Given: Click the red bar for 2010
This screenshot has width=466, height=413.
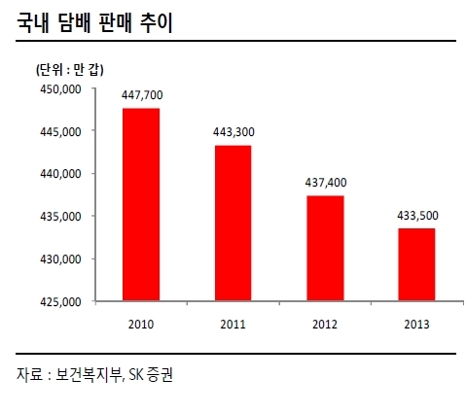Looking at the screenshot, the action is [141, 205].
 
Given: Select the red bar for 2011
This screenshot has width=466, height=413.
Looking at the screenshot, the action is [233, 224].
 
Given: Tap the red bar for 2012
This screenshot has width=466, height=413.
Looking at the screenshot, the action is [325, 249].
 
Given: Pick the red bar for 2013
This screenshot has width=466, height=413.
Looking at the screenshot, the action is [416, 264].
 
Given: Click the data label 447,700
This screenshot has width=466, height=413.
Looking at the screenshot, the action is [142, 95].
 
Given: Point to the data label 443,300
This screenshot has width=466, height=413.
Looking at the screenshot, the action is [233, 132].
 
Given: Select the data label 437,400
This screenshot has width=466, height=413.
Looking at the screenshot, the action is [326, 183].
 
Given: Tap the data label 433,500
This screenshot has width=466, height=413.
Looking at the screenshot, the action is [417, 216].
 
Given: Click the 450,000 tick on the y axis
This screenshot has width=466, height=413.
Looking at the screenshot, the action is [60, 89].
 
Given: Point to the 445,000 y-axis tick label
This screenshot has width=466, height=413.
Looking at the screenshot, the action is [60, 132].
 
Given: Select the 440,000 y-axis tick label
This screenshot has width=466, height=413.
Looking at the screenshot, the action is [60, 174].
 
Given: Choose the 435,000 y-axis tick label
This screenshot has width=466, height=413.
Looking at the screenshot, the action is [60, 217].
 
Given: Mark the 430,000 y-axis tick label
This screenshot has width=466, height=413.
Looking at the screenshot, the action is [60, 259].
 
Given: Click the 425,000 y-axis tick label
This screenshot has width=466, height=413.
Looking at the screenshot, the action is [60, 302].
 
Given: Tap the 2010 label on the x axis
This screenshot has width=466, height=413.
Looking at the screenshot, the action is [141, 325].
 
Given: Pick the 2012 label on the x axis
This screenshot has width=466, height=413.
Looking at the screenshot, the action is [325, 325].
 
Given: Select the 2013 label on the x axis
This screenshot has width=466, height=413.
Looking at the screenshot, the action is [416, 325].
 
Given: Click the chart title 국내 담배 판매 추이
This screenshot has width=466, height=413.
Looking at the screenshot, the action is [94, 23].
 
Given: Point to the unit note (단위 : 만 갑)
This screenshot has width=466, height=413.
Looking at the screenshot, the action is [70, 70].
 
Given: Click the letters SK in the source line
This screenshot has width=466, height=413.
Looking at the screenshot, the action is [135, 375].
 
